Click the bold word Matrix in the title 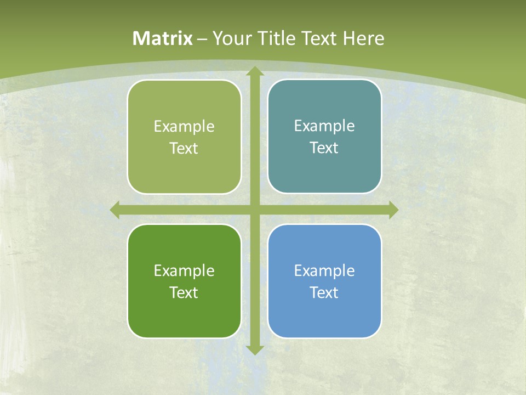163,38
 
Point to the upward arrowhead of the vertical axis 255,71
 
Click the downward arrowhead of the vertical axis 255,350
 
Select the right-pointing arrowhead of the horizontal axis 393,210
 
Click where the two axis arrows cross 255,210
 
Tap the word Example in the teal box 324,126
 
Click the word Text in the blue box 324,293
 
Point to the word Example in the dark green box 184,271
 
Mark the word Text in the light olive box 184,149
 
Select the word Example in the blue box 324,271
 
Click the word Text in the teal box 324,148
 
